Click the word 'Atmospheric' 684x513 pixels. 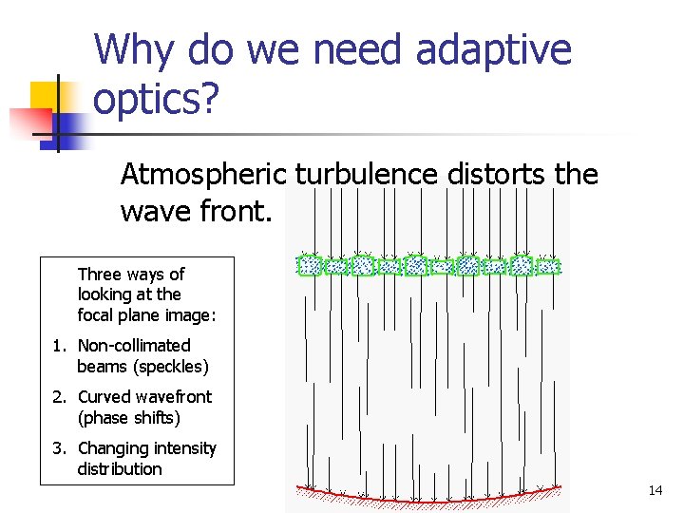point(203,175)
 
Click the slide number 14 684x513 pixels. point(655,490)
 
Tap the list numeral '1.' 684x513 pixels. point(60,346)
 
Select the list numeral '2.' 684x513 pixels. point(60,397)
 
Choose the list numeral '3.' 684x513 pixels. point(60,448)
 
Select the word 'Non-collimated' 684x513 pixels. point(134,346)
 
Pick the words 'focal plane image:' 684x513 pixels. point(146,315)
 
